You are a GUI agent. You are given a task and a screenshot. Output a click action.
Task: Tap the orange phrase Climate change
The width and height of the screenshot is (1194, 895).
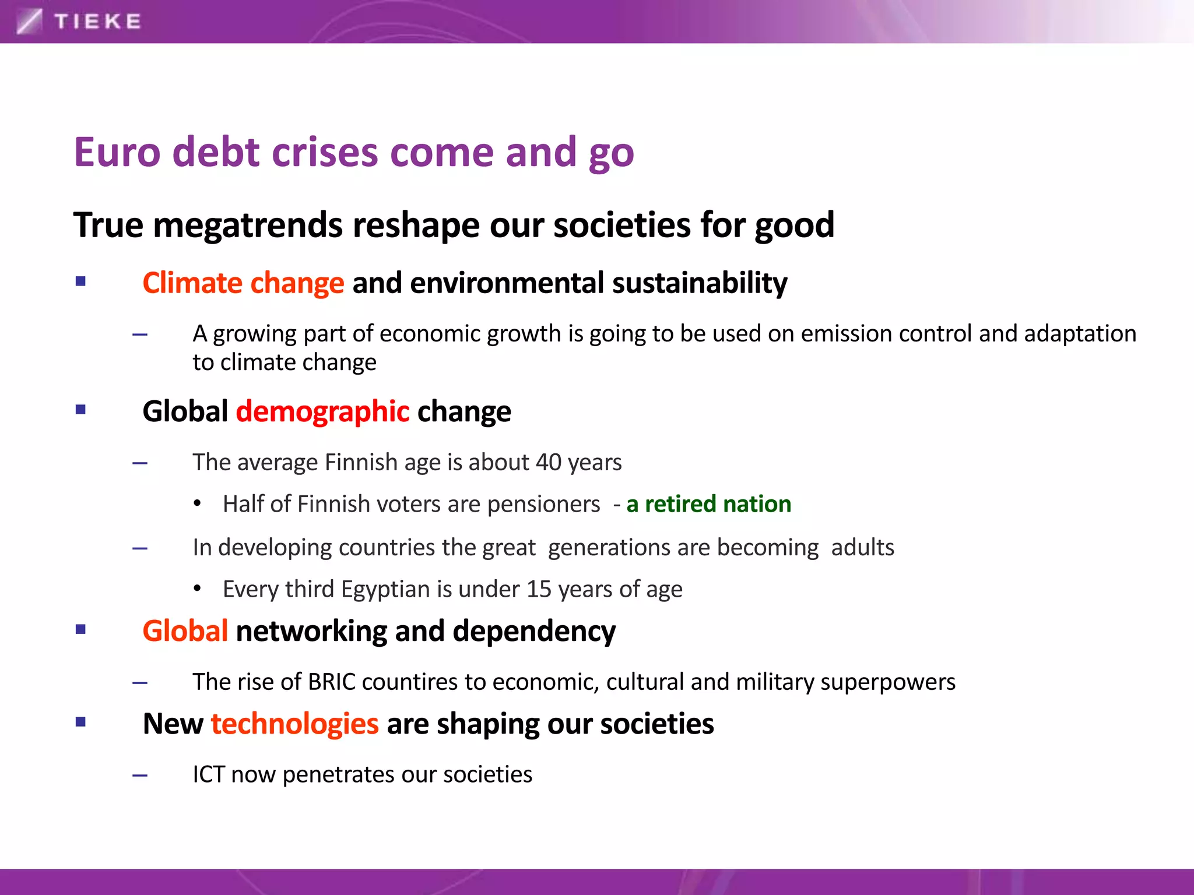(243, 283)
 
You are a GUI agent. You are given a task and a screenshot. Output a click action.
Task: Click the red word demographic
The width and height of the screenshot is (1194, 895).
(322, 411)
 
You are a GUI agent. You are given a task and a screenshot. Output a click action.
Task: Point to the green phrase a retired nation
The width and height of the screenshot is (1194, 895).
(708, 504)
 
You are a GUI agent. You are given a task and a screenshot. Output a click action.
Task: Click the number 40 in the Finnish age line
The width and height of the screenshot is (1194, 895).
(548, 462)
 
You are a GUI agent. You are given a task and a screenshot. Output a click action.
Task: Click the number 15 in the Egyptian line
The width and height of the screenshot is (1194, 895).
(539, 589)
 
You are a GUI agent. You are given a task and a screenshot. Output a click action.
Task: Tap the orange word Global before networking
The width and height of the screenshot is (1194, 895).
(185, 631)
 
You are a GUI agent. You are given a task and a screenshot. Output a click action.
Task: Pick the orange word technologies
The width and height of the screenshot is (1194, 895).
(294, 724)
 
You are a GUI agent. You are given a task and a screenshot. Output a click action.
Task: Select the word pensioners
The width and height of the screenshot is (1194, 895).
(543, 504)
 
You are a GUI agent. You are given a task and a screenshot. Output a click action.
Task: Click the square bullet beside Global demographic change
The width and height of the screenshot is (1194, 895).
(80, 410)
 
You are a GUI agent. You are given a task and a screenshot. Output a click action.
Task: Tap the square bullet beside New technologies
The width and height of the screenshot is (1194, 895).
(80, 722)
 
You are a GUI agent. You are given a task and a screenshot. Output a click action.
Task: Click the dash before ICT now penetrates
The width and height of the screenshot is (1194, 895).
(140, 776)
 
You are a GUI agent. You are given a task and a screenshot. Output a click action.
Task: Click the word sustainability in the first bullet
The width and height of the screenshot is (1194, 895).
(699, 283)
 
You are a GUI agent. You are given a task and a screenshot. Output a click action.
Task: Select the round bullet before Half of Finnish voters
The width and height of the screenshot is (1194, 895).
(198, 503)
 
